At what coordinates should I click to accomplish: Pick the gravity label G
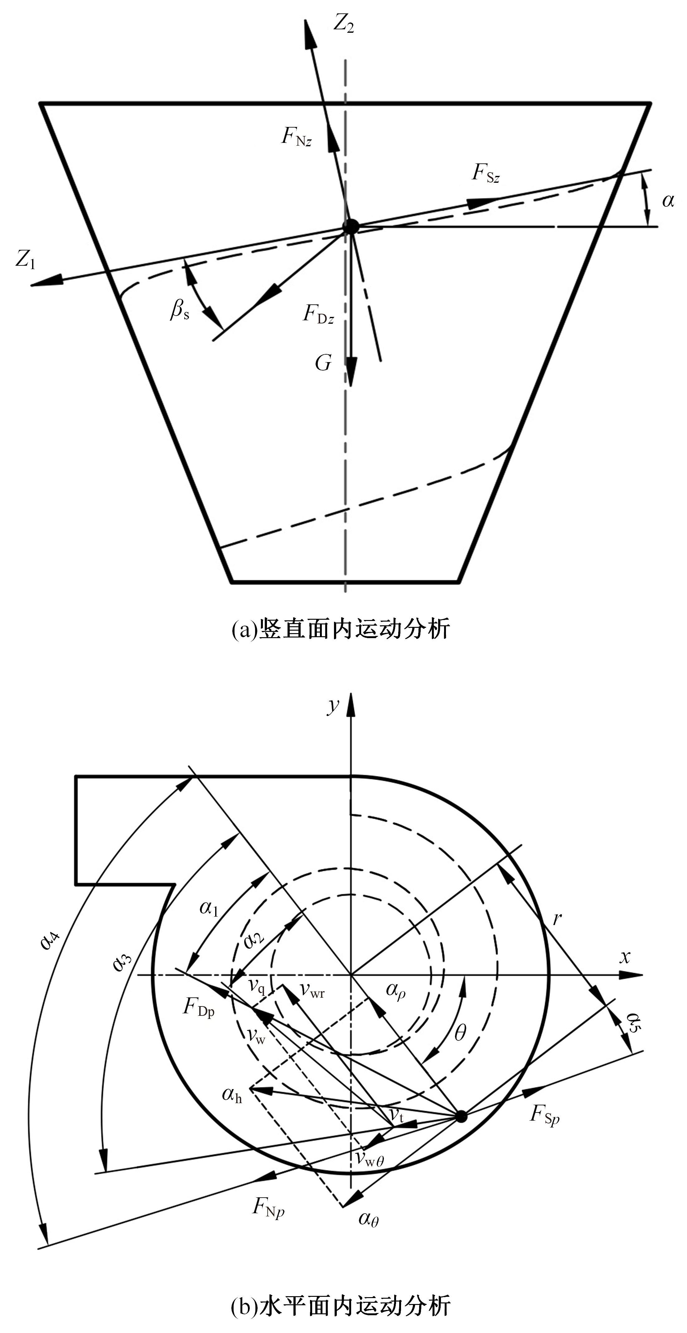coord(323,363)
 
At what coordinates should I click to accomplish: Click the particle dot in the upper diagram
coord(351,226)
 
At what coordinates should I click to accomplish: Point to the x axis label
coord(625,957)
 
